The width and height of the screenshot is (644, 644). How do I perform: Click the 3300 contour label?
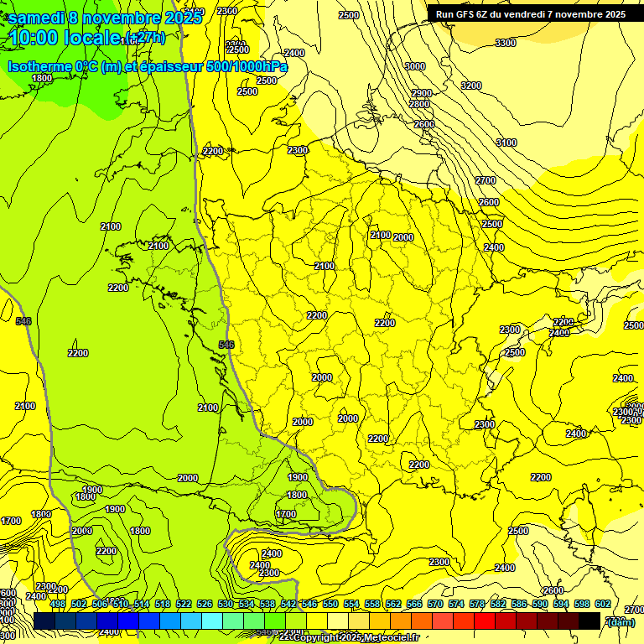(x=506, y=43)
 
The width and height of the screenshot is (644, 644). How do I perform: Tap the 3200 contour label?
(x=471, y=86)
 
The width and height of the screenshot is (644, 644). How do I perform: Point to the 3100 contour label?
(x=506, y=143)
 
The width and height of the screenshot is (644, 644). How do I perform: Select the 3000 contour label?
(x=414, y=66)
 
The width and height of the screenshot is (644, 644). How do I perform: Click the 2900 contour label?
(x=422, y=94)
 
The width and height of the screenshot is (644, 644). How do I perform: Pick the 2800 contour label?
(x=419, y=104)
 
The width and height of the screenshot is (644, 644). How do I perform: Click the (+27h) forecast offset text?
(x=143, y=38)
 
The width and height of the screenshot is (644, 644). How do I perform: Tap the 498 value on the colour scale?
(x=58, y=604)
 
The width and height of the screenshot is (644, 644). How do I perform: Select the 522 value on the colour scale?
(x=184, y=604)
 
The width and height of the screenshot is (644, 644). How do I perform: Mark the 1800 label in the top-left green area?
(x=42, y=78)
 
